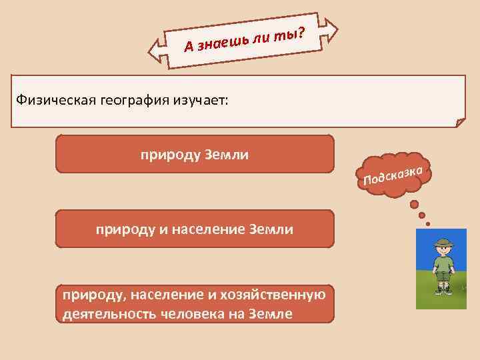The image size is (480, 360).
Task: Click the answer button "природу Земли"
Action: pyautogui.click(x=194, y=155)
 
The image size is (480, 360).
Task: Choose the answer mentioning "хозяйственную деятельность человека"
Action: pyautogui.click(x=194, y=305)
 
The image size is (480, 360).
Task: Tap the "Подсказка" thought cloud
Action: pyautogui.click(x=394, y=175)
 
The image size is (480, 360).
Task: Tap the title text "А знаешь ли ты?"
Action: pyautogui.click(x=244, y=39)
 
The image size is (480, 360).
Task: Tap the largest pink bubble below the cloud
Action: pyautogui.click(x=415, y=204)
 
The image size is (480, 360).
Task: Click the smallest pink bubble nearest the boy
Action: pyautogui.click(x=427, y=224)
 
